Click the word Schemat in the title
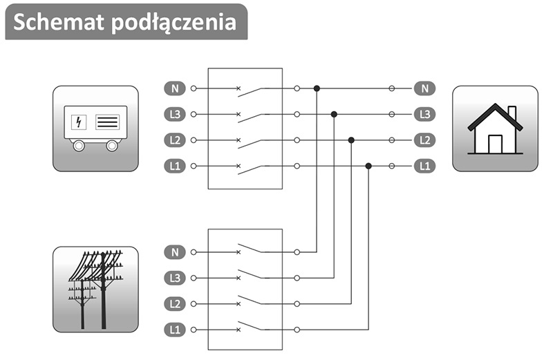click(x=58, y=21)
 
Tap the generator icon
click(x=95, y=129)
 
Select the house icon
click(x=495, y=129)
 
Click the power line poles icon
click(x=95, y=289)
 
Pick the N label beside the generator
click(x=174, y=88)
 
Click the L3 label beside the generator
click(x=174, y=114)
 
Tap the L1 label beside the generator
click(x=174, y=166)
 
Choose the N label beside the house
click(x=424, y=88)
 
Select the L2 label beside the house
click(x=424, y=140)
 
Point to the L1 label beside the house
click(x=424, y=166)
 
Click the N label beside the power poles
click(x=174, y=252)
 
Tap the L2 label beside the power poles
click(x=174, y=304)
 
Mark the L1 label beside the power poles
click(x=174, y=330)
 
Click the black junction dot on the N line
click(x=317, y=88)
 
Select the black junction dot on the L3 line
click(x=334, y=114)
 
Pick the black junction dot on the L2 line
click(x=351, y=140)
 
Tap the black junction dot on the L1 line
click(x=368, y=166)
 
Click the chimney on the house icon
click(x=512, y=113)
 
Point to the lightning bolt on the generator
click(x=79, y=123)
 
